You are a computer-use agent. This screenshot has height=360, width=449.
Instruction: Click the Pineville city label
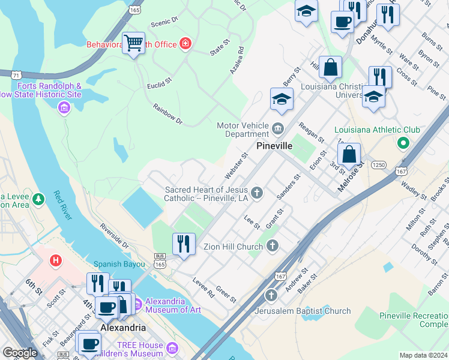tap(274, 146)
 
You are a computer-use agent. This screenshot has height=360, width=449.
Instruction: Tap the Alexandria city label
tap(122, 328)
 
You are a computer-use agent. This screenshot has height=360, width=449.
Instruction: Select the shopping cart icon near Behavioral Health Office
tap(133, 43)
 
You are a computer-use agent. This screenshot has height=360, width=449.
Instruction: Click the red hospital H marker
tap(56, 260)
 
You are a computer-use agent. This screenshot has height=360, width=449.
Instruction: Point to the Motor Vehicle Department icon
tap(277, 128)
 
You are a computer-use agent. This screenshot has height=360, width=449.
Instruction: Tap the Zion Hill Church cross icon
tap(273, 245)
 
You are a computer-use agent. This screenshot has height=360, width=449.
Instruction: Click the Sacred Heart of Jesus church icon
tap(257, 193)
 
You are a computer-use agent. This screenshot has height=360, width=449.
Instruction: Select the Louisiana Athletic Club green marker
tap(403, 143)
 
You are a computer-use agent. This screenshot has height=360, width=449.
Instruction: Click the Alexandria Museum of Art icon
tap(136, 304)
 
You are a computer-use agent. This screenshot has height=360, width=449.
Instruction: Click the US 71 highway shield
tap(16, 74)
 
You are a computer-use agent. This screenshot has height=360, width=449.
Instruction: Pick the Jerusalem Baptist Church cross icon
tap(271, 295)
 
